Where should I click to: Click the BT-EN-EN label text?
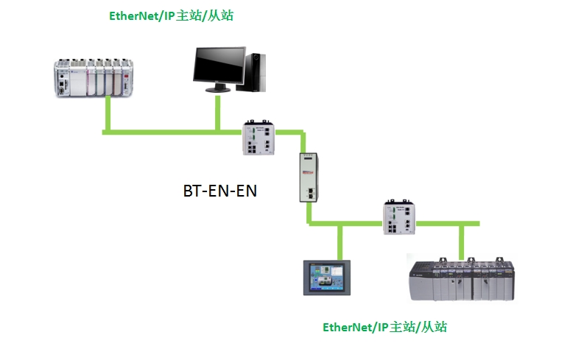219,191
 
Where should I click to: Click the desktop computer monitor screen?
219,68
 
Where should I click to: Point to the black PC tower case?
255,71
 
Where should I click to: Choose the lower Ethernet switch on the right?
398,218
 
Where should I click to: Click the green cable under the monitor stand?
218,113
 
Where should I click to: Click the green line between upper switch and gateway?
293,133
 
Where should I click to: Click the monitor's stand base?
218,90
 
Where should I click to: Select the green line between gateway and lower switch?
346,223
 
